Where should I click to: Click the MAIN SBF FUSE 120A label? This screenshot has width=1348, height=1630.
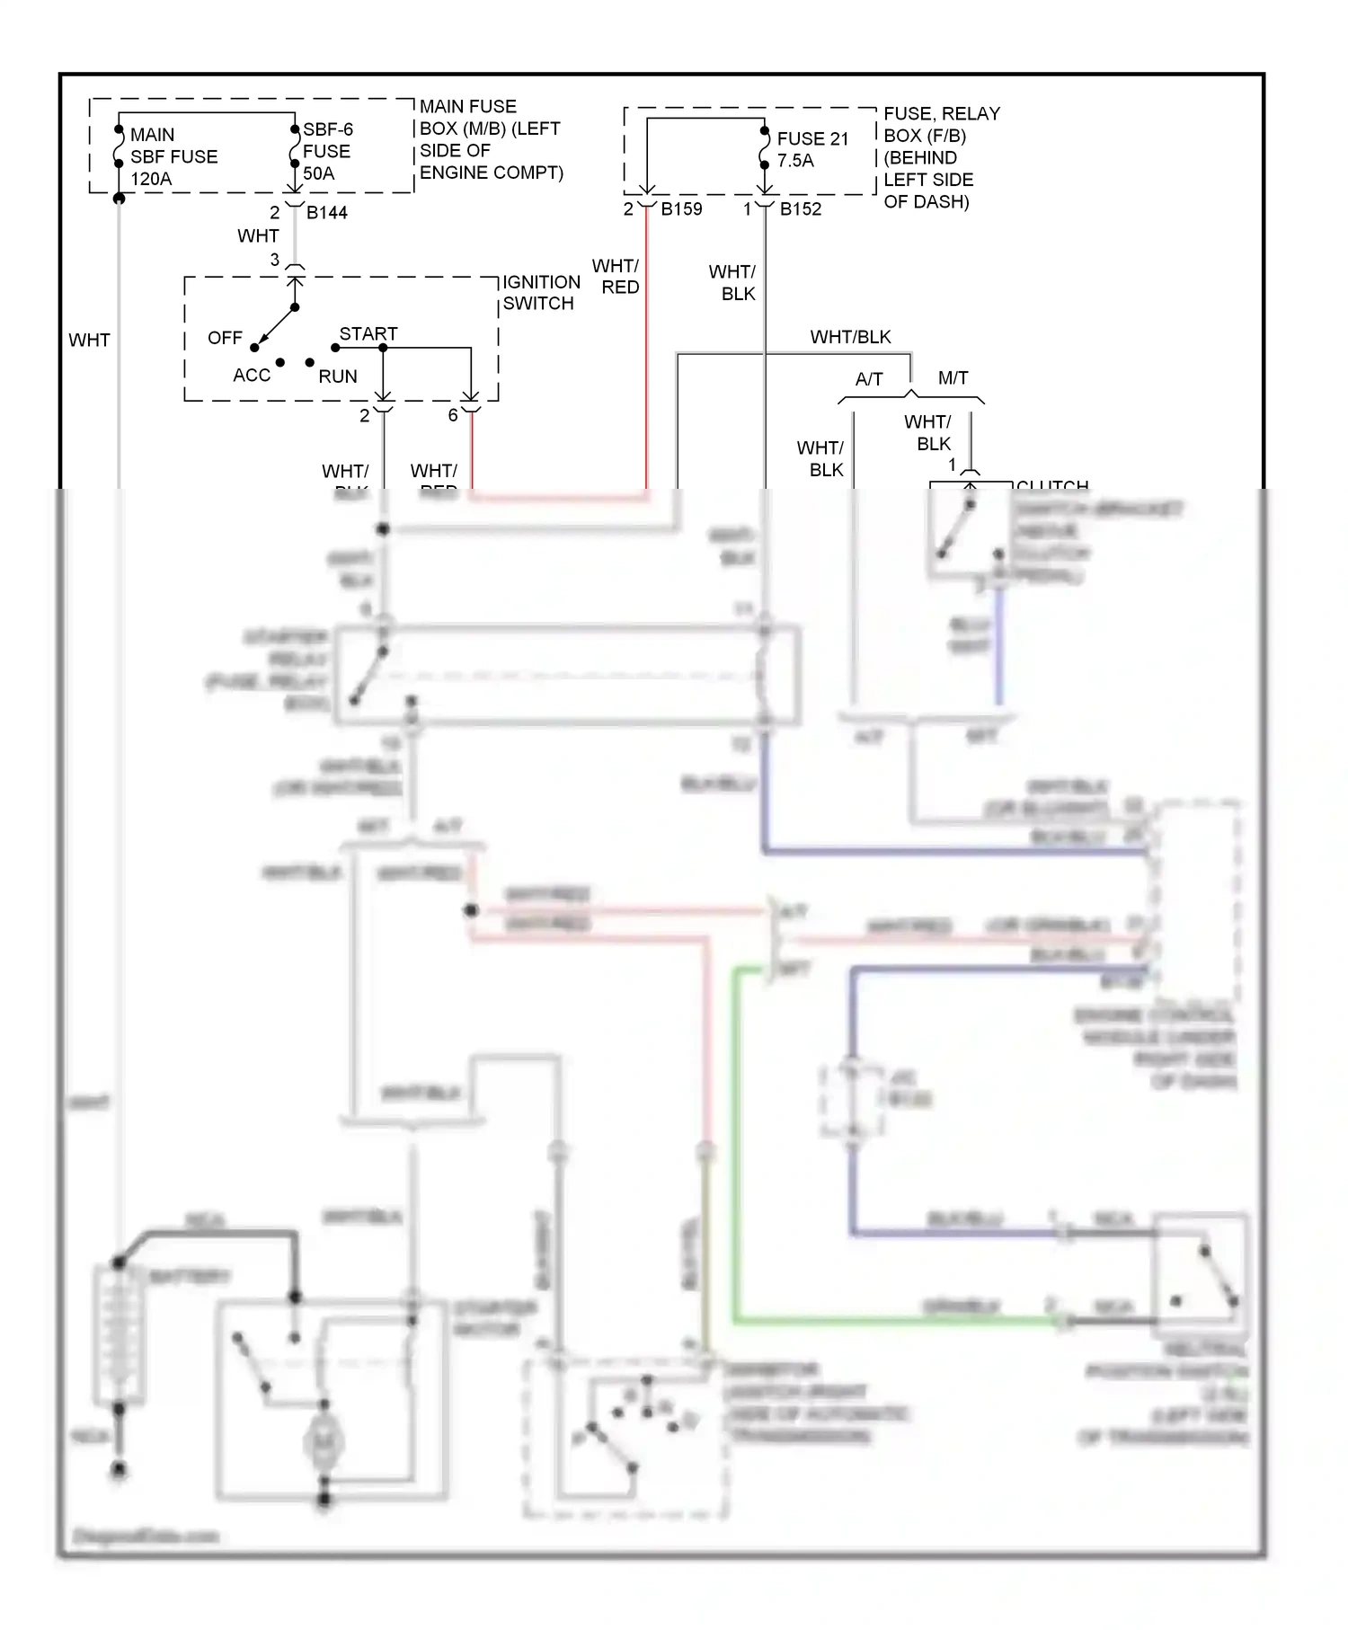click(173, 156)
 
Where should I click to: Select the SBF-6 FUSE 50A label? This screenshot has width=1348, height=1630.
click(327, 151)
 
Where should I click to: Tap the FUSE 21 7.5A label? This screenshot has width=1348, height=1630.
click(811, 149)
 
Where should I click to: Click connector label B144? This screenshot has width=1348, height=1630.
click(326, 213)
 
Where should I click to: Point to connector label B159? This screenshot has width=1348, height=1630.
click(681, 209)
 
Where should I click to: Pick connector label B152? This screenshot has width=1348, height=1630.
click(800, 209)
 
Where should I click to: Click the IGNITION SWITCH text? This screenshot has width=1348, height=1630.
click(541, 293)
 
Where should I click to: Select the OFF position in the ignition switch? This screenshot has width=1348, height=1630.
click(225, 338)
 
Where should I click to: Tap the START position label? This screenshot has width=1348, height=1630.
click(368, 333)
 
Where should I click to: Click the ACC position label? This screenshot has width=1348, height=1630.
click(251, 376)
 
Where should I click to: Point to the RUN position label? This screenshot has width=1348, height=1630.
click(338, 376)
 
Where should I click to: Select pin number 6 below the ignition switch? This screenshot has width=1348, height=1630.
click(453, 415)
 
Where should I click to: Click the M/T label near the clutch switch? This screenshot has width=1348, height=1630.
click(953, 378)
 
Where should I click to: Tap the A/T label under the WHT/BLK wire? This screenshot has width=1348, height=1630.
click(868, 379)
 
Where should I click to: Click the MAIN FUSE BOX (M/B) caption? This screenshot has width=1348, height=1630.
click(491, 139)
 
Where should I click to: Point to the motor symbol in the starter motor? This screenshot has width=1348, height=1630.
click(323, 1442)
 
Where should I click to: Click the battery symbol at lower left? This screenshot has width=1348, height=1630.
click(119, 1333)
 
